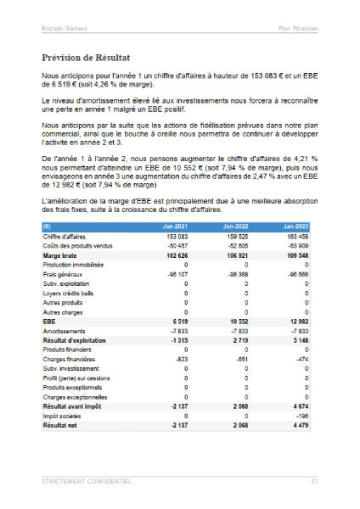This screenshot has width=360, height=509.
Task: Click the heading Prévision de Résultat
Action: (85, 59)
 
